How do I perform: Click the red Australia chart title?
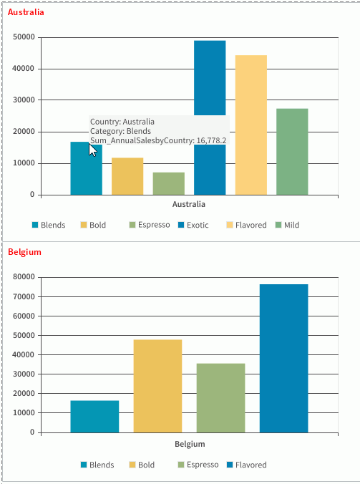[25, 12]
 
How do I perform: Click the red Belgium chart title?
[24, 252]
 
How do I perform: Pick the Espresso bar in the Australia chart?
[168, 183]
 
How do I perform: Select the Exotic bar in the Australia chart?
[210, 79]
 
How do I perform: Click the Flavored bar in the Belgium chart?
[283, 358]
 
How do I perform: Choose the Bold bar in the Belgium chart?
[157, 386]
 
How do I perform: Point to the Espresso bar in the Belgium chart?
[220, 397]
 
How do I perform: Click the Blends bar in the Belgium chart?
[94, 416]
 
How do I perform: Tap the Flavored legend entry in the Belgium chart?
[246, 465]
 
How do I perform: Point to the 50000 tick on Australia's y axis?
[24, 37]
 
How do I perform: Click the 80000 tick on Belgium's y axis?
[24, 277]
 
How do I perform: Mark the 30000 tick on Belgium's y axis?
[24, 374]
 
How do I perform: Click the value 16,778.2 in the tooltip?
[211, 141]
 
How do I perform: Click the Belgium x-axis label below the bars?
[190, 444]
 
